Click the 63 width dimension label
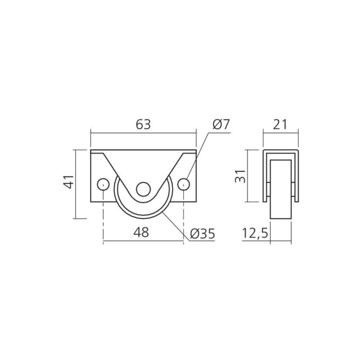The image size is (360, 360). tap(143, 125)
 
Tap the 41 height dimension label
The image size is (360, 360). tap(69, 182)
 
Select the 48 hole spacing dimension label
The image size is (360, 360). tap(141, 232)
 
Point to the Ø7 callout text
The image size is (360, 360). tap(221, 125)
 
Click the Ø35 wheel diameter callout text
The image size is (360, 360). tap(202, 234)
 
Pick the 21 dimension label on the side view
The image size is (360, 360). tap(279, 125)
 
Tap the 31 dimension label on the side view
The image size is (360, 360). tap(240, 176)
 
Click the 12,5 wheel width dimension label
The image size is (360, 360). tap(255, 234)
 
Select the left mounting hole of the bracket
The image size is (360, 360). tap(103, 184)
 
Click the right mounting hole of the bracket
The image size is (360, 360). tap(184, 184)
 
